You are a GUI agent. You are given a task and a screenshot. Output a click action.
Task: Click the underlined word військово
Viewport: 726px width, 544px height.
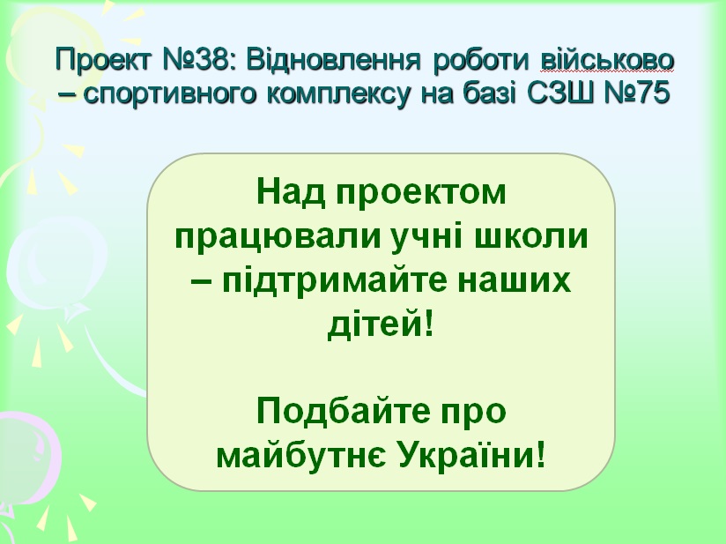[607, 60]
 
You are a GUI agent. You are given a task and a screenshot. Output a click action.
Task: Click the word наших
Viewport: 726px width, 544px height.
[515, 282]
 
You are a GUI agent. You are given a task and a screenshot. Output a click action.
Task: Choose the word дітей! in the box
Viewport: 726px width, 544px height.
[381, 324]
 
